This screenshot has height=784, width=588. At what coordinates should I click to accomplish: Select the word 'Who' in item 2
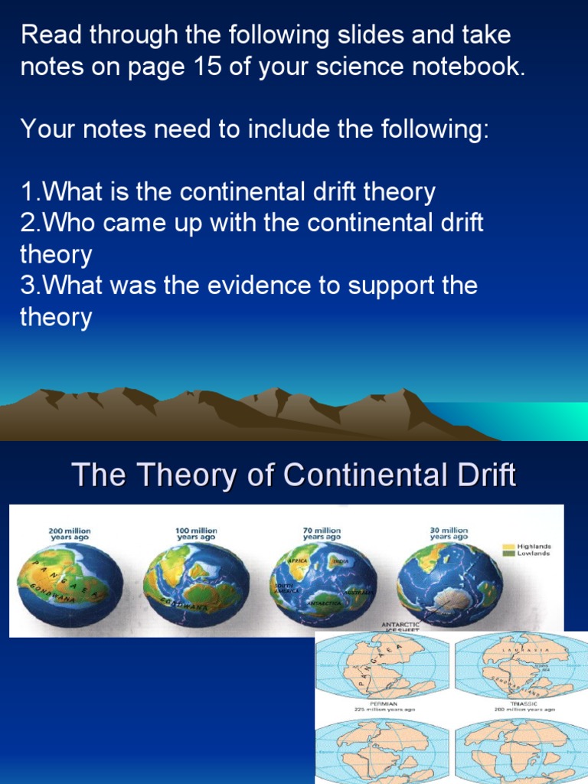click(x=66, y=223)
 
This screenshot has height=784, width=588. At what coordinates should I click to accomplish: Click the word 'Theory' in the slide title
click(x=171, y=475)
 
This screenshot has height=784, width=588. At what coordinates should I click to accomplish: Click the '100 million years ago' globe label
click(x=197, y=534)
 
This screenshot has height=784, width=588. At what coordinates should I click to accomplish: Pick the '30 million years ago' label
click(x=449, y=534)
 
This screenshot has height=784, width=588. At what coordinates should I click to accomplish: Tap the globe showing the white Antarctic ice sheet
click(x=449, y=586)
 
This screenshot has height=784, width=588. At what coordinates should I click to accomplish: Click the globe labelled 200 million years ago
click(x=70, y=586)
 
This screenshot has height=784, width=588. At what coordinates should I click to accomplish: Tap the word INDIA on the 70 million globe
click(x=341, y=561)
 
